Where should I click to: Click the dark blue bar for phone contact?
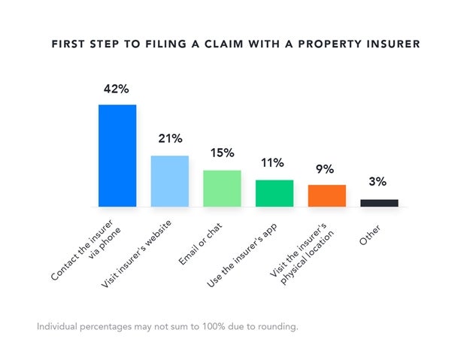coord(117,156)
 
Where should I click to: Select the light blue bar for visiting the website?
coord(170,181)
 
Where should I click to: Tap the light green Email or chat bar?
coord(222,188)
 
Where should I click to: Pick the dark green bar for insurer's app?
coord(274,193)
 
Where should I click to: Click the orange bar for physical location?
coord(327,195)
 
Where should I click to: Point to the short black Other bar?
coord(379,202)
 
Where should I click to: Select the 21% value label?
coord(170,138)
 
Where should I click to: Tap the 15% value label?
coord(222,153)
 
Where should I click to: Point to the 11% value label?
coord(273,162)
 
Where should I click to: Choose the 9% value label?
coord(326,168)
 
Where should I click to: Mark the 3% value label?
coord(377,182)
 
